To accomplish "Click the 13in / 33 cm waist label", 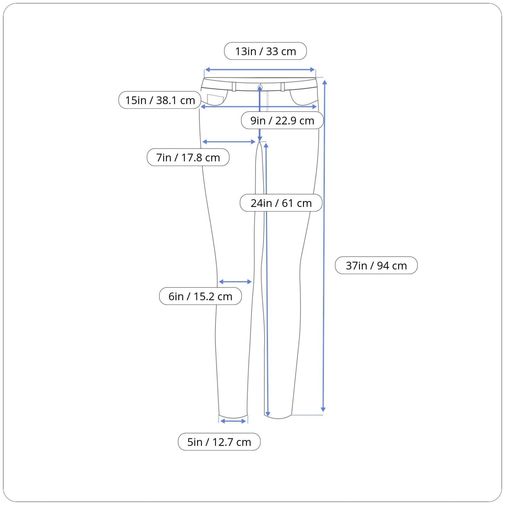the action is click(x=265, y=51).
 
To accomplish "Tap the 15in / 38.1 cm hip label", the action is click(x=160, y=100).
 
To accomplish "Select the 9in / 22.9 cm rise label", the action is click(x=282, y=120).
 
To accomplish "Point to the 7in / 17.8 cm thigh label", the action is click(x=188, y=157).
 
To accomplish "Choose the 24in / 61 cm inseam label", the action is click(x=281, y=203).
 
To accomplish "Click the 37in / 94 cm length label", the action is click(x=376, y=265).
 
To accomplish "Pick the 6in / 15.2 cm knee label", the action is click(x=200, y=296).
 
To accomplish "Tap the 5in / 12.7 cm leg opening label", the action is click(x=219, y=442).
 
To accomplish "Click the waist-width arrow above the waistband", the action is click(x=260, y=70).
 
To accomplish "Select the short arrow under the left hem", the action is click(x=233, y=421).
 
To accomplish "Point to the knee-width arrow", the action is click(x=235, y=282).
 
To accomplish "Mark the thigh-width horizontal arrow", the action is click(x=229, y=142).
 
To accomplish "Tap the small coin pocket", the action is click(x=215, y=99).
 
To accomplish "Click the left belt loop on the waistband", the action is click(x=234, y=86).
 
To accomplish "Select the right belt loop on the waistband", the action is click(x=283, y=86).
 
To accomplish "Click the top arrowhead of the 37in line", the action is click(x=324, y=83).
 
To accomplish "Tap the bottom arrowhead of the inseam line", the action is click(x=268, y=413).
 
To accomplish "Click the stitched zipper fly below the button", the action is click(x=267, y=101).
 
